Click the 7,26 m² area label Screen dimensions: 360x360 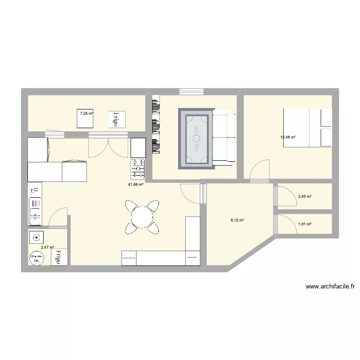click(86, 113)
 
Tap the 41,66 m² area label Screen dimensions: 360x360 click(135, 184)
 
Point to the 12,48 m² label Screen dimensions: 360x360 click(288, 137)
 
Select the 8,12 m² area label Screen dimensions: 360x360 click(237, 221)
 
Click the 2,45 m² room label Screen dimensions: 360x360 click(305, 196)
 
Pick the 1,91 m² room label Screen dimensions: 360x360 click(305, 224)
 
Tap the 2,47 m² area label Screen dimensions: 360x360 click(48, 248)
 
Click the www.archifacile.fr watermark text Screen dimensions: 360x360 click(330, 287)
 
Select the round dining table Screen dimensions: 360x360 click(142, 216)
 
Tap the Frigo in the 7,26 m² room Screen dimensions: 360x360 click(116, 119)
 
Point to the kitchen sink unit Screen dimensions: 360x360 click(35, 205)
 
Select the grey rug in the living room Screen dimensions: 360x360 click(195, 139)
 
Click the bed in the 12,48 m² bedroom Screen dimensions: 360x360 click(307, 127)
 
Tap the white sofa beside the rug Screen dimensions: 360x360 click(223, 137)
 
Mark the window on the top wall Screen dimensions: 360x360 click(191, 92)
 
